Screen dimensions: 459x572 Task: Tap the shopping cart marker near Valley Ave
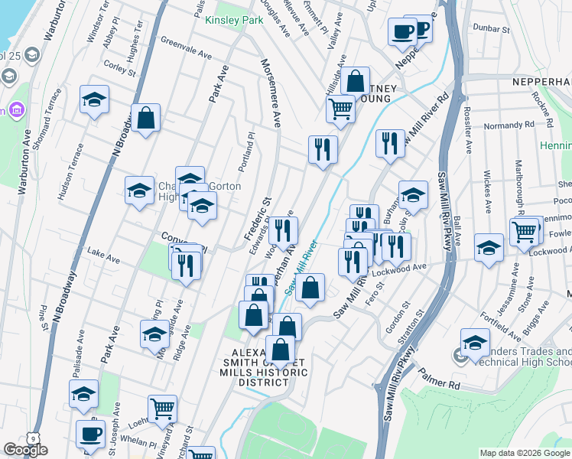click(x=340, y=108)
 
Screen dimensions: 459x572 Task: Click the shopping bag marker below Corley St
click(x=145, y=119)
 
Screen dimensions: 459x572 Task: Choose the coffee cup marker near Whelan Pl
click(x=90, y=434)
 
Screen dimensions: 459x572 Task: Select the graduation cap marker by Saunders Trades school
click(x=475, y=343)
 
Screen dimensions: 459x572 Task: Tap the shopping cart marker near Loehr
click(x=162, y=409)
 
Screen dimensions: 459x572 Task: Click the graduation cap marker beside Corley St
click(x=94, y=100)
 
